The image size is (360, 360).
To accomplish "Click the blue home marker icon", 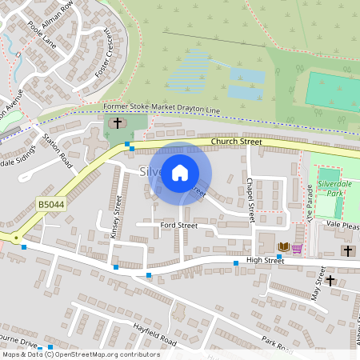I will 180,172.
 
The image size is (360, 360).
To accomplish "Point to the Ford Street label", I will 178,226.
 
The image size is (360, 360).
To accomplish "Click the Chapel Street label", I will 250,200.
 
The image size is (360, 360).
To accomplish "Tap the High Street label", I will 265,260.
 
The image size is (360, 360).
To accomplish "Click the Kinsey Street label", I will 118,216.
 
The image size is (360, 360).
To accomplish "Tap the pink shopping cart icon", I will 297,248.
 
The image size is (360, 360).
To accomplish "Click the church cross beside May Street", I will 330,280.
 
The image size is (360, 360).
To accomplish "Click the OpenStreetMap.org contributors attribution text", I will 106,354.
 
